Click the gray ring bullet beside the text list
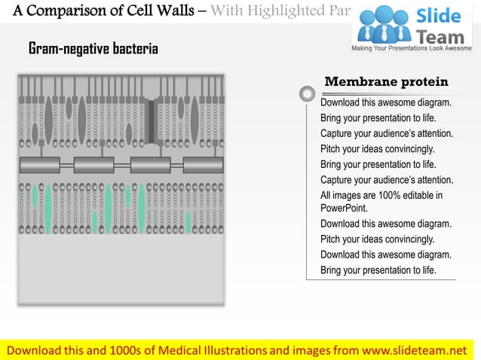pos(307,94)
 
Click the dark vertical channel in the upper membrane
pos(152,120)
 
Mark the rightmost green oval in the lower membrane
pos(188,221)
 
